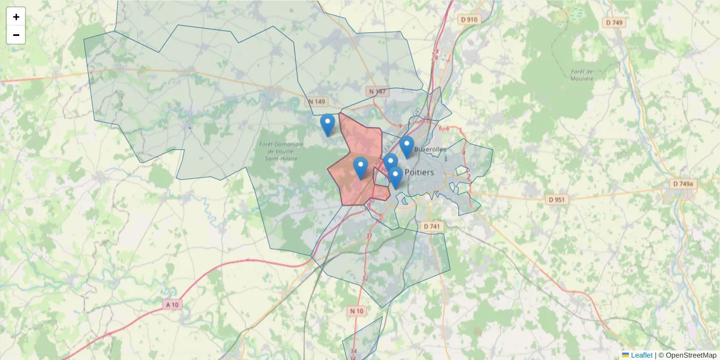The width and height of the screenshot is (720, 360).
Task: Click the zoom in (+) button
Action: (16, 17)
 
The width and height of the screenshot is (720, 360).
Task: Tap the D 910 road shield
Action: (470, 20)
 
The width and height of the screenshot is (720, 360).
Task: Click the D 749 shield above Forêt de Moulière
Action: (614, 23)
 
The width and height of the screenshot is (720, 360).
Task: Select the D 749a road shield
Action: (683, 184)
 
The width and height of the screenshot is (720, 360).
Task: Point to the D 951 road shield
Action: (557, 199)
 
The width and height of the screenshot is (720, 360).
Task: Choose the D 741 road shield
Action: (431, 226)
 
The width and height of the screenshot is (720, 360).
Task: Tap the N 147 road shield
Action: (378, 91)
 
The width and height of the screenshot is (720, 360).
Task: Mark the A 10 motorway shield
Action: (172, 305)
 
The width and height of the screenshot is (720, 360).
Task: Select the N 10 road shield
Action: (356, 311)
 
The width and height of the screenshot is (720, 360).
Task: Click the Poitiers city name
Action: (419, 172)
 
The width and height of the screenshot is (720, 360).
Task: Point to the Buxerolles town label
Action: (430, 149)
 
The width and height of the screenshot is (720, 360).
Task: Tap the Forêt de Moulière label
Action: (581, 74)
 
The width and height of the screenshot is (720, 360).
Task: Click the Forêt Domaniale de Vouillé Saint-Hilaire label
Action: (281, 151)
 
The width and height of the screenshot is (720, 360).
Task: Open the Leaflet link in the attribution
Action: (641, 355)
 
